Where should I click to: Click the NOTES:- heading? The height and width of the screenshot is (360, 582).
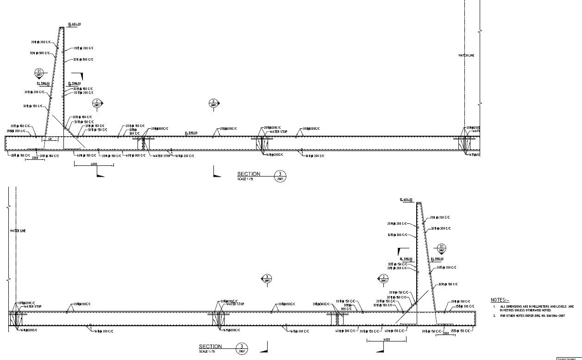tap(500, 300)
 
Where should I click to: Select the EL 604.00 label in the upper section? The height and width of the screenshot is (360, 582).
tap(75, 24)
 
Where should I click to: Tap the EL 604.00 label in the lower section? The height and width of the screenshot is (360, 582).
tap(406, 200)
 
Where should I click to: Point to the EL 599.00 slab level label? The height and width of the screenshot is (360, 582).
tap(191, 133)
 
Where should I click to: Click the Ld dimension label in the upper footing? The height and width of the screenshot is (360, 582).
tap(50, 139)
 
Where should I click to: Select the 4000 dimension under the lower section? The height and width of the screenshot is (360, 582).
tap(387, 340)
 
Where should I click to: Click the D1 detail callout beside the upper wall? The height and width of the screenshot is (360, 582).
tap(39, 73)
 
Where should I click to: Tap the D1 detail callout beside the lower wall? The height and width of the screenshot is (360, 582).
tap(441, 248)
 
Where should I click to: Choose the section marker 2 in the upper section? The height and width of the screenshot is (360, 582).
tap(96, 103)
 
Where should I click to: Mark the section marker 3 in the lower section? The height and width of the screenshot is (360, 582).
tap(267, 278)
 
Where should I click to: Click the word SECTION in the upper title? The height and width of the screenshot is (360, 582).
tap(249, 174)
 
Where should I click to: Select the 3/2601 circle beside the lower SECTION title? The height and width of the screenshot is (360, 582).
tap(241, 348)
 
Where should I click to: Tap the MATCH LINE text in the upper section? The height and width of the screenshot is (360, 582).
tap(466, 56)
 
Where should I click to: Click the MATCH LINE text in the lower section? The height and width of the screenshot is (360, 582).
tap(18, 230)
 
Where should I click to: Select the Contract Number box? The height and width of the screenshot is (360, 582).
tap(569, 358)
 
